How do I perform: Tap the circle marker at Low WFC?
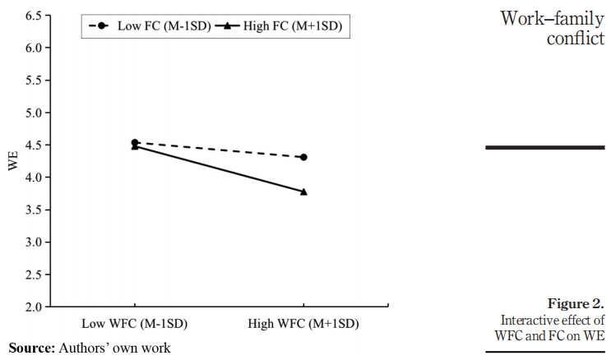tap(135, 142)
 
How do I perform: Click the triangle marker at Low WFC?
tap(135, 146)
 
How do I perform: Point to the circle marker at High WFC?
tap(304, 157)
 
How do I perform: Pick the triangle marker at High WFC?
tap(304, 192)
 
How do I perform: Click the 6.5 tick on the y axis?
tap(34, 16)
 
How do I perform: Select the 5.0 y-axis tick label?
tap(34, 113)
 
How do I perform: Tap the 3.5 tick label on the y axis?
tap(34, 210)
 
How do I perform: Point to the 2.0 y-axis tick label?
tap(34, 307)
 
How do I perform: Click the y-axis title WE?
tap(12, 161)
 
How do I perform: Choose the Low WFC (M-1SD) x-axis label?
tap(135, 324)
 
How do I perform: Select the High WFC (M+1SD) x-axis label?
tap(304, 324)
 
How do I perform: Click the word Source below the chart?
tap(30, 348)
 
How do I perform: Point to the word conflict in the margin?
tap(576, 38)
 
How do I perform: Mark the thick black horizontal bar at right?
tap(545, 147)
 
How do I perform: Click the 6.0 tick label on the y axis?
tap(34, 48)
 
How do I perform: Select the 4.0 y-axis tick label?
tap(34, 178)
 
